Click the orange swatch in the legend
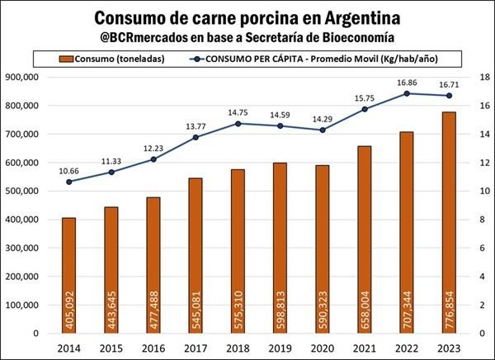point(64,58)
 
